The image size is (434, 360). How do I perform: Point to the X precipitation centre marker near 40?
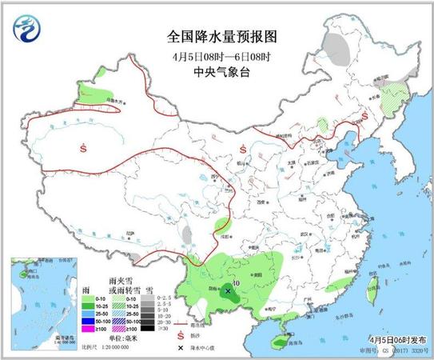[229, 292]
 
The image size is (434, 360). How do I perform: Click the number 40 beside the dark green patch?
[236, 282]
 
